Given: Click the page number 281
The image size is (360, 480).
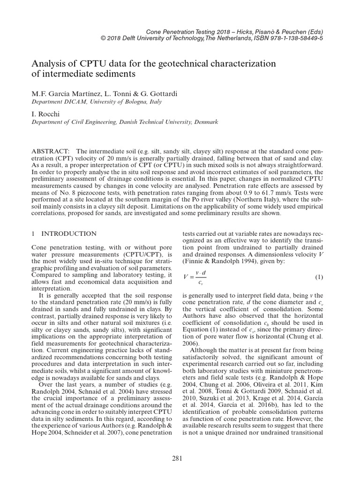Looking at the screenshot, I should pyautogui.click(x=177, y=458).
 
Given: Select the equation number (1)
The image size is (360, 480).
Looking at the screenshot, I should pyautogui.click(x=319, y=277).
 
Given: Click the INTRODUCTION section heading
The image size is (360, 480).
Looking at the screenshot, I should pyautogui.click(x=69, y=233).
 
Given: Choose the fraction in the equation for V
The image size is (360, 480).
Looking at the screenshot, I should pyautogui.click(x=200, y=277).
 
